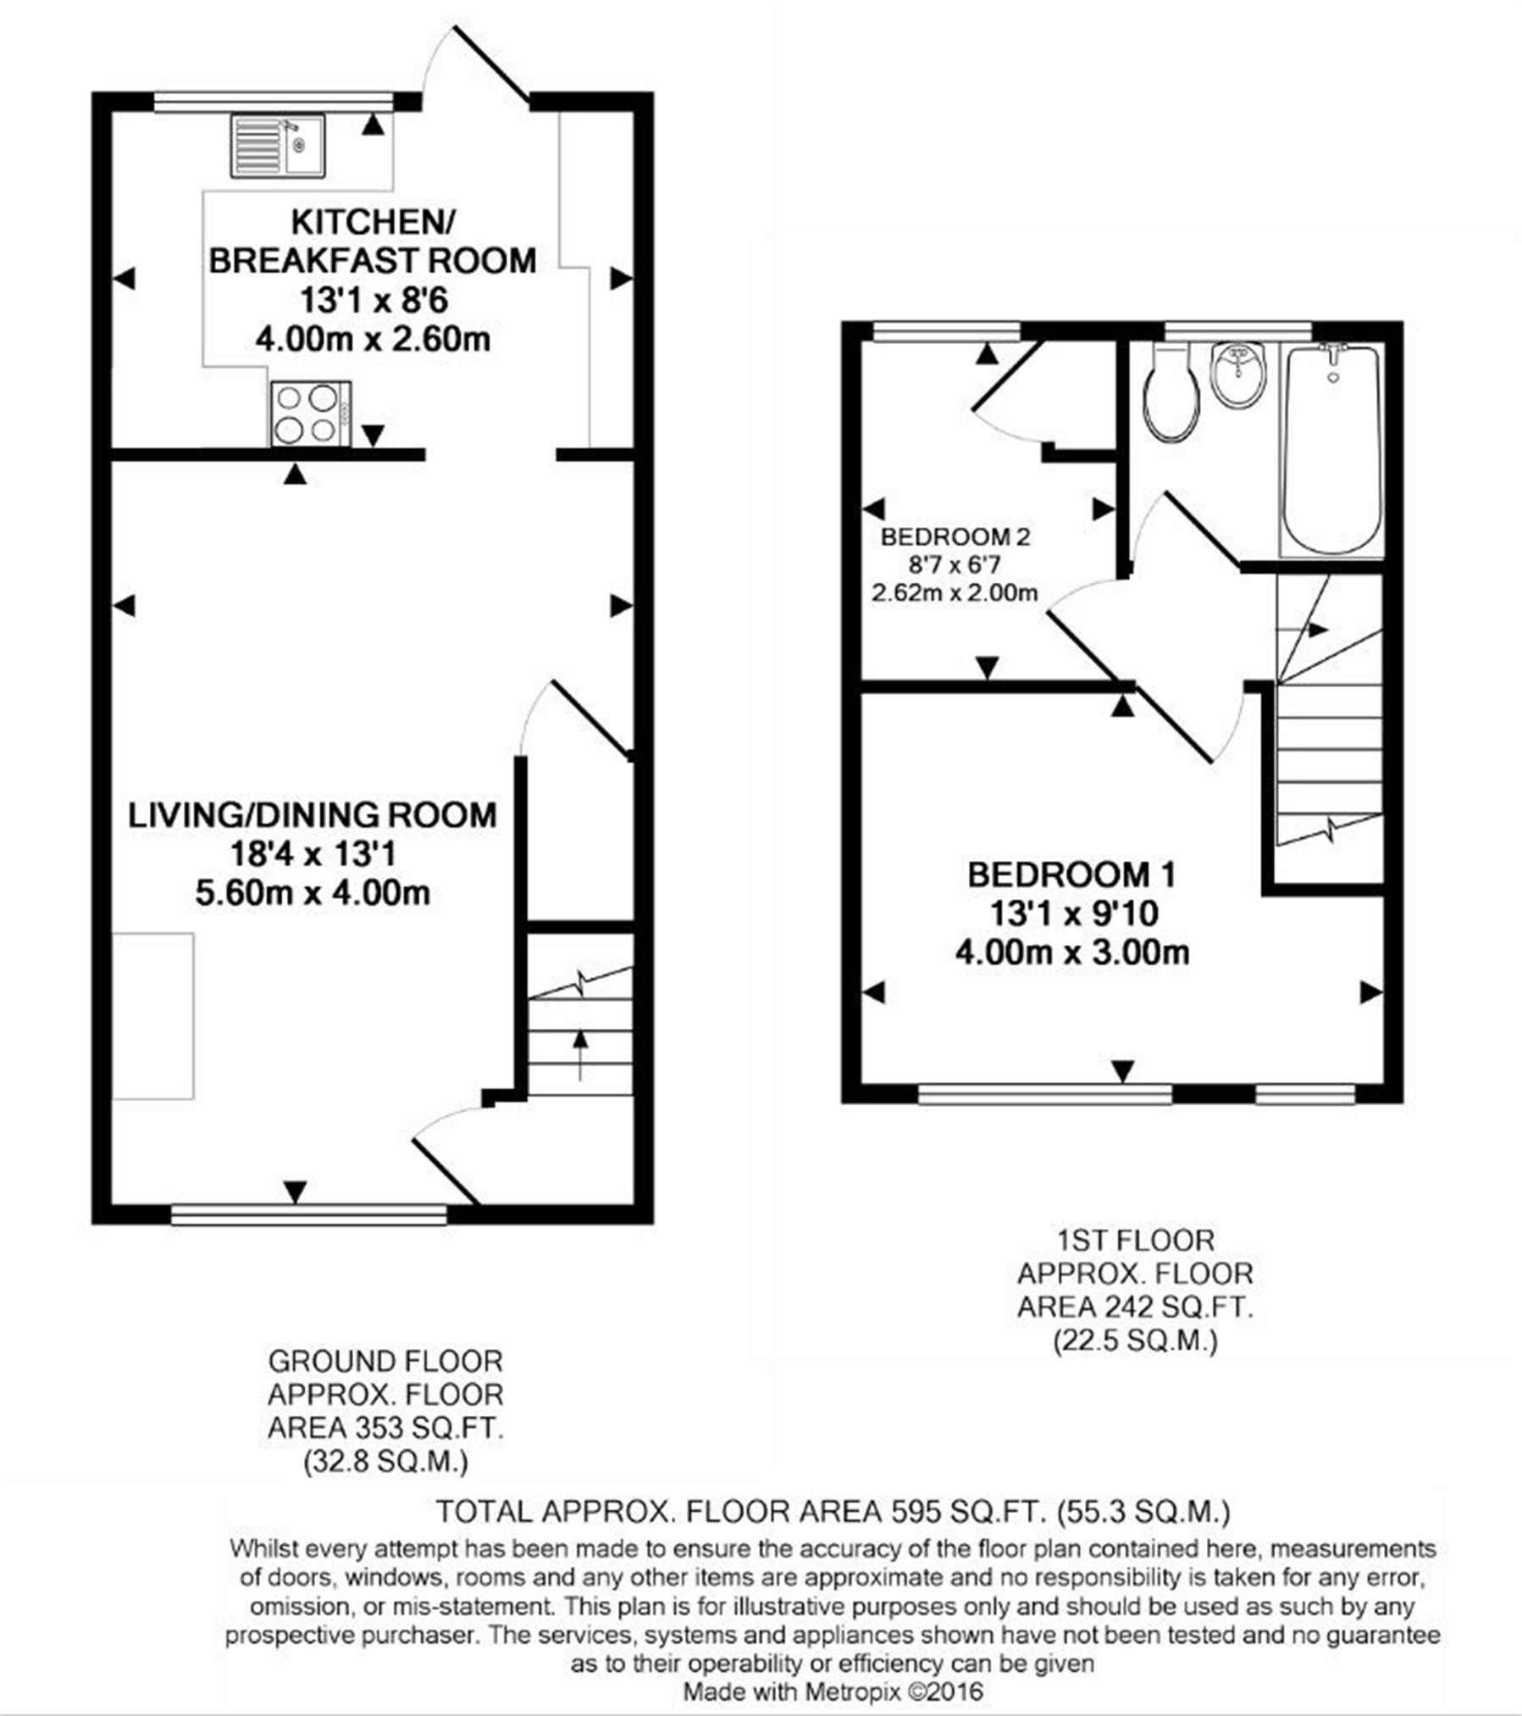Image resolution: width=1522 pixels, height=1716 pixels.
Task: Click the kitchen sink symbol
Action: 277,147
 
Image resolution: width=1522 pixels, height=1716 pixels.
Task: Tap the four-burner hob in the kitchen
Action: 311,414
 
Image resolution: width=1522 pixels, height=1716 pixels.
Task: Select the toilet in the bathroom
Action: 1171,392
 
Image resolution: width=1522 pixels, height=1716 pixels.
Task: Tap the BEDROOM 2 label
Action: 955,537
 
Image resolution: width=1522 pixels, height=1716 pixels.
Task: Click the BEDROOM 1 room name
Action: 1071,875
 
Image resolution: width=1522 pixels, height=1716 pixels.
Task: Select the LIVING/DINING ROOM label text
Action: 313,815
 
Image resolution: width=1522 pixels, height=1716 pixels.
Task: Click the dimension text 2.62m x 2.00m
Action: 955,593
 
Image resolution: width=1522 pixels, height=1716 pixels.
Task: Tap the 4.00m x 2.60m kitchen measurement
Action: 373,340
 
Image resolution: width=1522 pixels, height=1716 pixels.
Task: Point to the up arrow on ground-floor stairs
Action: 580,1054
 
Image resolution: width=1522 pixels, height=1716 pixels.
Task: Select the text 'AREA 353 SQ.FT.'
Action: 385,1428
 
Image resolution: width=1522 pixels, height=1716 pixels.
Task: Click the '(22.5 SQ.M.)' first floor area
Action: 1135,1341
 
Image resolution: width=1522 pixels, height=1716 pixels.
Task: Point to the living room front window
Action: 308,1214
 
